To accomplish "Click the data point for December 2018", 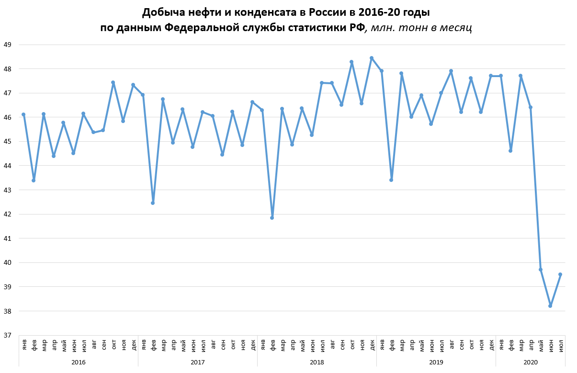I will (x=372, y=58).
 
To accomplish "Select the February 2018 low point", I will (x=272, y=218).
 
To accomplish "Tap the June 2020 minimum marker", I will (x=550, y=305).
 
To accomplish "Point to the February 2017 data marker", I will (x=153, y=203).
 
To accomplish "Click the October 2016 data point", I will (x=113, y=82).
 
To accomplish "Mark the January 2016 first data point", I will (x=23, y=114).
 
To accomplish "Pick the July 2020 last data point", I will (x=560, y=274).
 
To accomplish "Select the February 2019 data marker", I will (x=391, y=180).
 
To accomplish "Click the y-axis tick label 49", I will (x=7, y=45).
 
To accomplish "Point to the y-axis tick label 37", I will (x=7, y=335).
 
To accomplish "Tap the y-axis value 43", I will (x=7, y=190).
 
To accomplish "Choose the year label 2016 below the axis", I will (x=78, y=362).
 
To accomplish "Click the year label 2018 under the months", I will (x=317, y=362).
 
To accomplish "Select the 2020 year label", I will (x=531, y=362).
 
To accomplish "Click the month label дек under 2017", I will (x=252, y=344).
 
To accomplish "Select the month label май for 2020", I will (x=541, y=344).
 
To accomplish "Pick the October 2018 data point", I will (x=351, y=62).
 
